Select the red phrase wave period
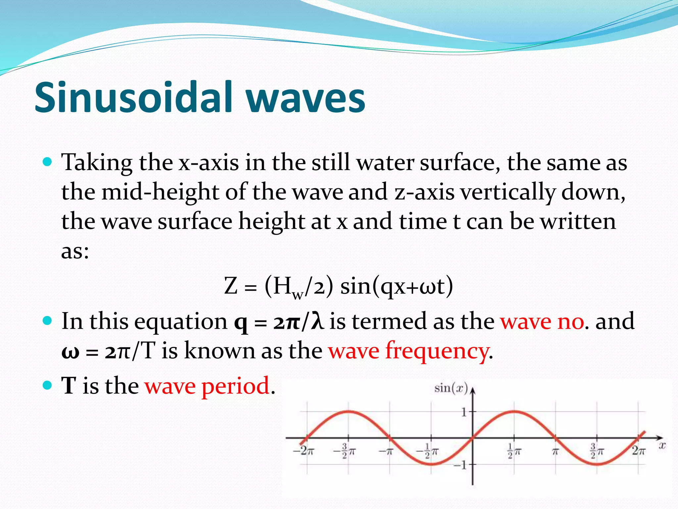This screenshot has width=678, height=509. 207,386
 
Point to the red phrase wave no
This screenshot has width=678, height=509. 542,321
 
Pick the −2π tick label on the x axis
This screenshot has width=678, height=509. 303,451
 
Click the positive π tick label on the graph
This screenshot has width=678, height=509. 556,451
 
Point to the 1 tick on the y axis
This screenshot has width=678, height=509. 464,413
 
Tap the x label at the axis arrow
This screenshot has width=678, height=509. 661,445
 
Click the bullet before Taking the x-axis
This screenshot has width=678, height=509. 48,162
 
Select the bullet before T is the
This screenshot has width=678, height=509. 48,385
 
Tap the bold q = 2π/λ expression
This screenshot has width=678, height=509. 279,321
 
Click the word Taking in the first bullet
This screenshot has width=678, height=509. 97,163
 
